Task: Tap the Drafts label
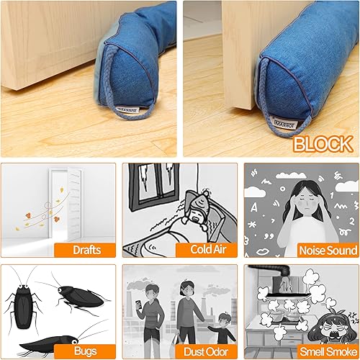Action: (85, 250)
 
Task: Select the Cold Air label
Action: (205, 250)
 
